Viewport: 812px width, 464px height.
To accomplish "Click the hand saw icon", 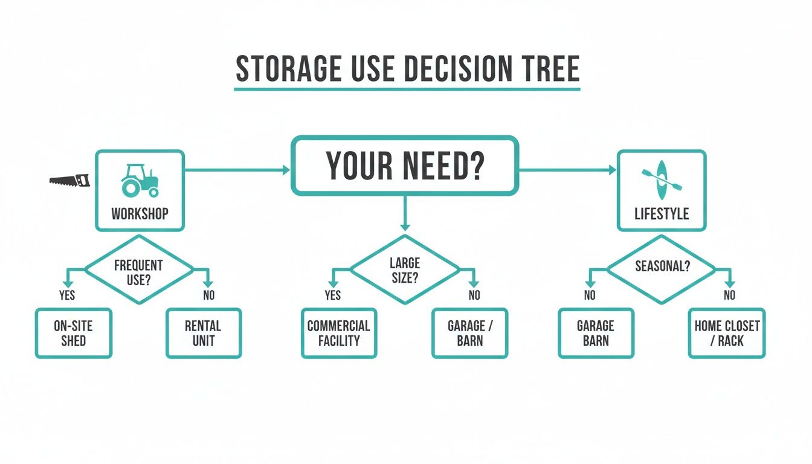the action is [69, 181].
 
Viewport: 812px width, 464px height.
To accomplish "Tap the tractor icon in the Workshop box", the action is [140, 181].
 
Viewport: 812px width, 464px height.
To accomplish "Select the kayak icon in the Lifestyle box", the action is [662, 180].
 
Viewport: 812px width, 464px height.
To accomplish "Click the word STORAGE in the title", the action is [289, 69].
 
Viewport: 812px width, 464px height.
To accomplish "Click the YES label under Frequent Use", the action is [67, 295].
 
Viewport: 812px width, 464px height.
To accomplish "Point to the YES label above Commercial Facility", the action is [333, 295].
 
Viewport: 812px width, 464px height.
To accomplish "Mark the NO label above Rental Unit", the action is [209, 295].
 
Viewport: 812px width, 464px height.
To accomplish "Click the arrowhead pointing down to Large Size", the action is [405, 227].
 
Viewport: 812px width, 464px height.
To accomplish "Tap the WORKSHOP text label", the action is [140, 214].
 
